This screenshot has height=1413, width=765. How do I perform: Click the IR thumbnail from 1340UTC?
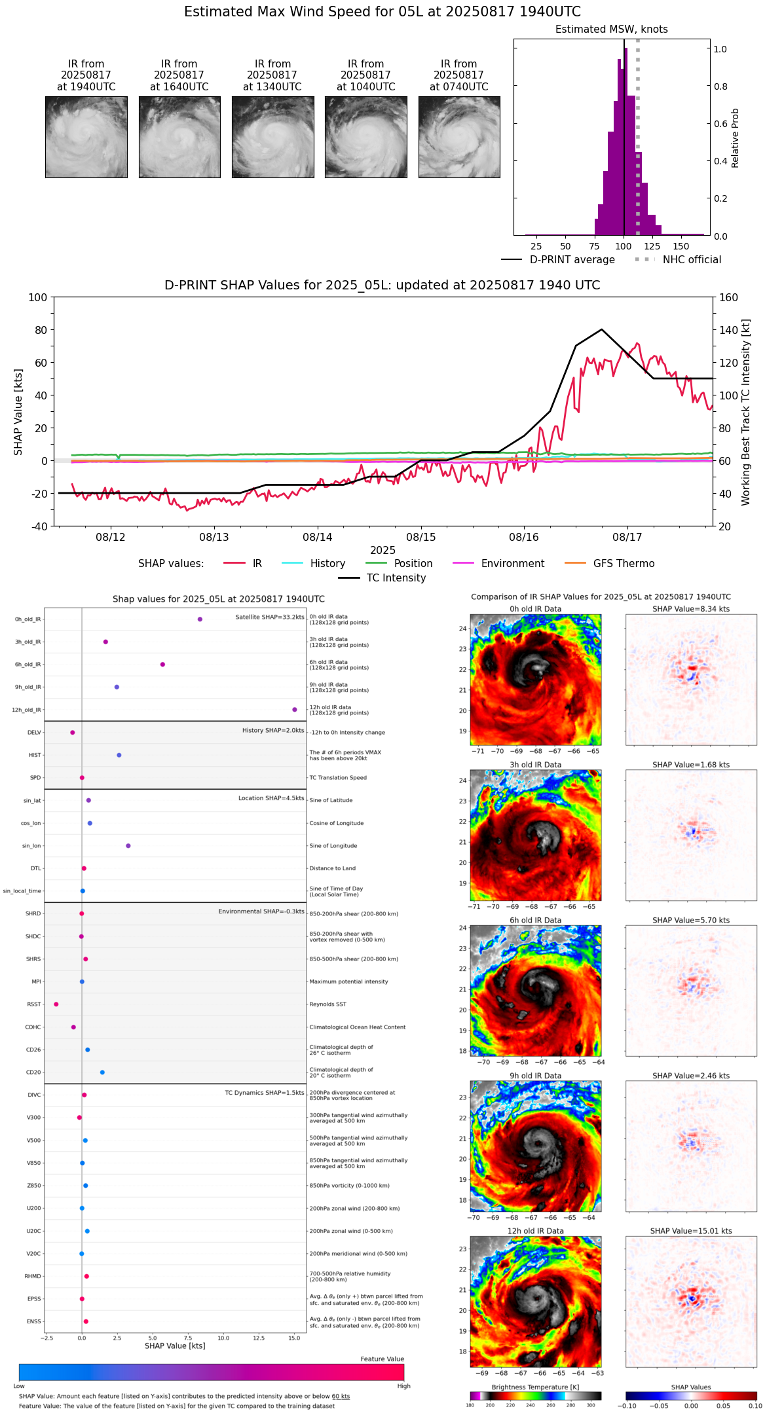coord(272,137)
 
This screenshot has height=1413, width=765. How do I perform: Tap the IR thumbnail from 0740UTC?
coord(458,137)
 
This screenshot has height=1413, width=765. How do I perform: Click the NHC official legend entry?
coord(691,260)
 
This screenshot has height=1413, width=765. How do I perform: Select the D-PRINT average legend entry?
coord(572,260)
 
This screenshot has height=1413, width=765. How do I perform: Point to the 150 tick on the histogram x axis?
coord(681,246)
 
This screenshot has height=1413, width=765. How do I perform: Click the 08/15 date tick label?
coord(420,537)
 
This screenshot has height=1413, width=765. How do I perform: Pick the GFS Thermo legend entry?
coord(624,564)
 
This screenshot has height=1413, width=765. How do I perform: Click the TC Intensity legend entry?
coord(396,578)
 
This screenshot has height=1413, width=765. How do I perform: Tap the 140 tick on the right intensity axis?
coord(729,330)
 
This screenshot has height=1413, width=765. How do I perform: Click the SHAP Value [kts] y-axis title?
coord(18,412)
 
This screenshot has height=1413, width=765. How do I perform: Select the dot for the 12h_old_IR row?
coord(295,710)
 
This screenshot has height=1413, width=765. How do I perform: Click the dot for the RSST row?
coord(56,1004)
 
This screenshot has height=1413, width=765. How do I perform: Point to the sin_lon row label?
coord(31,846)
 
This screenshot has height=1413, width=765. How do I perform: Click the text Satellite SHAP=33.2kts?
coord(269,617)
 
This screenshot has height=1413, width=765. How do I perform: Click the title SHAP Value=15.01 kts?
coord(691,1231)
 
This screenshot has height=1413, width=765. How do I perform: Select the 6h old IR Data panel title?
coord(535,920)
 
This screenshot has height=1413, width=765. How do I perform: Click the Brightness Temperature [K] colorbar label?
coord(535,1387)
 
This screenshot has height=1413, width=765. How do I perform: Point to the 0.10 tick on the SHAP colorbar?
coord(755,1405)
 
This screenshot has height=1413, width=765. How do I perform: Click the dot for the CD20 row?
coord(102,1073)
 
